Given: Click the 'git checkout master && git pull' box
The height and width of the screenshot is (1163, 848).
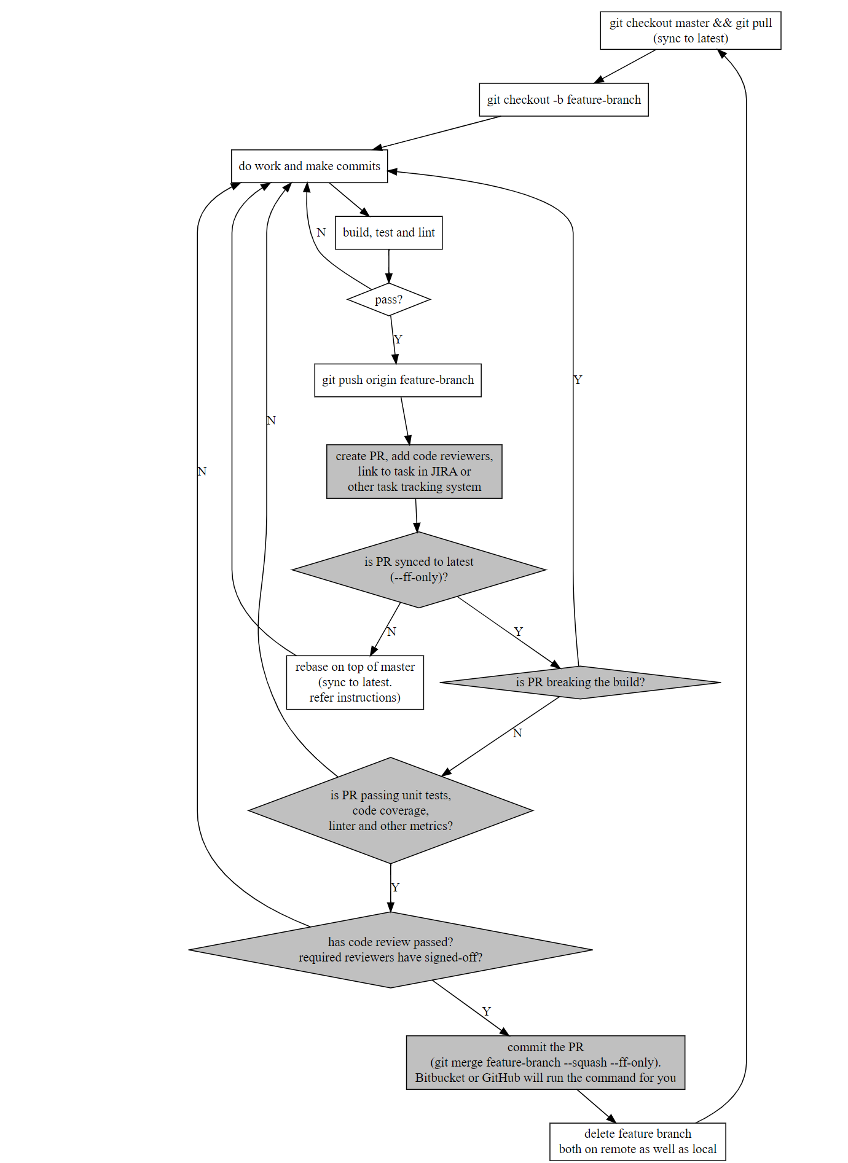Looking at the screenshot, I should [690, 31].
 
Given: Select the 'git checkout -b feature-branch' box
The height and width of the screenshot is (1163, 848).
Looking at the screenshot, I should [563, 100].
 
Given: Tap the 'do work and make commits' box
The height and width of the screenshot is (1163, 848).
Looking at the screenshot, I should [309, 166].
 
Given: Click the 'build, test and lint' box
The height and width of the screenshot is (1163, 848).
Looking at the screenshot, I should [388, 232].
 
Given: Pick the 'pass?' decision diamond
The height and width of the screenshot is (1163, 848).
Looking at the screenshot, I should [388, 300].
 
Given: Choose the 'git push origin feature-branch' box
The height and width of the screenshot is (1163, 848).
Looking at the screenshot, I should [398, 380].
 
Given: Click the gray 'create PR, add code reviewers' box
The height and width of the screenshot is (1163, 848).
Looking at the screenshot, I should [414, 471].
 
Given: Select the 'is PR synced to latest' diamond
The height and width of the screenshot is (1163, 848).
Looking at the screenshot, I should [418, 570].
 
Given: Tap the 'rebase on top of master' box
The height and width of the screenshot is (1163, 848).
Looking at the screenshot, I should [355, 682].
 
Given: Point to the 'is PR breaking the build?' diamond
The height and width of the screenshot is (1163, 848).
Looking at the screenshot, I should [580, 682].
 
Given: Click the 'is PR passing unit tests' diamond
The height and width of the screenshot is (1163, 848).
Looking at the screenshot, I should [390, 810].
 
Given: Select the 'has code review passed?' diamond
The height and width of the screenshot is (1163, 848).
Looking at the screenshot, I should [390, 950].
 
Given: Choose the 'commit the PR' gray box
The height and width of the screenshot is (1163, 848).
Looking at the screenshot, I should [545, 1062].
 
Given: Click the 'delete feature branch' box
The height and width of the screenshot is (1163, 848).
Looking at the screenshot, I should [637, 1141].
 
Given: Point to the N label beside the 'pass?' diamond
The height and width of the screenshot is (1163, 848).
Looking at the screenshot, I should [321, 232].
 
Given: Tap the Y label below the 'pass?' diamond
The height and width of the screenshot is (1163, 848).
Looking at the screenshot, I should [398, 339].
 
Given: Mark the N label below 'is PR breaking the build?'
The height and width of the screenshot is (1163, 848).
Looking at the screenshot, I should [517, 733].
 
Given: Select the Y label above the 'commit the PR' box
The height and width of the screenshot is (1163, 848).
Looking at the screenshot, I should [487, 1011].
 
